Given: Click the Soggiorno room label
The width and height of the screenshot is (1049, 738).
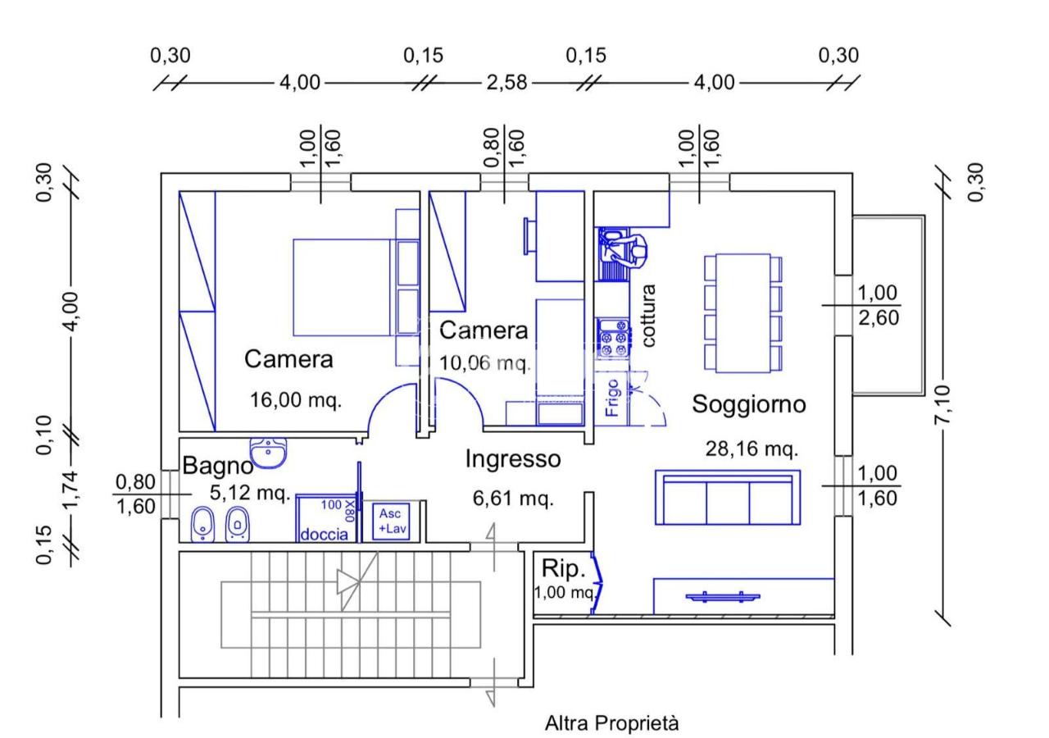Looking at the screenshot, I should click(x=749, y=404).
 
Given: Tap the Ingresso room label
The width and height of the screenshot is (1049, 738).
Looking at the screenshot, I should click(x=513, y=459).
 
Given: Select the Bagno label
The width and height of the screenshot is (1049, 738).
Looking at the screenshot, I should click(x=217, y=467).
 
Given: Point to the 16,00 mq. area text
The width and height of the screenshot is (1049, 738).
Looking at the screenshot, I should click(x=295, y=400).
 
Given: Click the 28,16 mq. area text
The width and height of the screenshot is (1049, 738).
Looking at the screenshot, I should click(x=752, y=449).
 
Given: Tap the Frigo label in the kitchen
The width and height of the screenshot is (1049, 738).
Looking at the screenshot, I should click(x=613, y=396).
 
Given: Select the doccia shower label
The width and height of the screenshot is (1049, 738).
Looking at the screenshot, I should click(x=324, y=534).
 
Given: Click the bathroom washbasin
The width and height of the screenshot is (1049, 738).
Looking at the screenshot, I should click(x=269, y=452).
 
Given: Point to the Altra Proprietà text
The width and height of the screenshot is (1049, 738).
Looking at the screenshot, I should click(x=611, y=723).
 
